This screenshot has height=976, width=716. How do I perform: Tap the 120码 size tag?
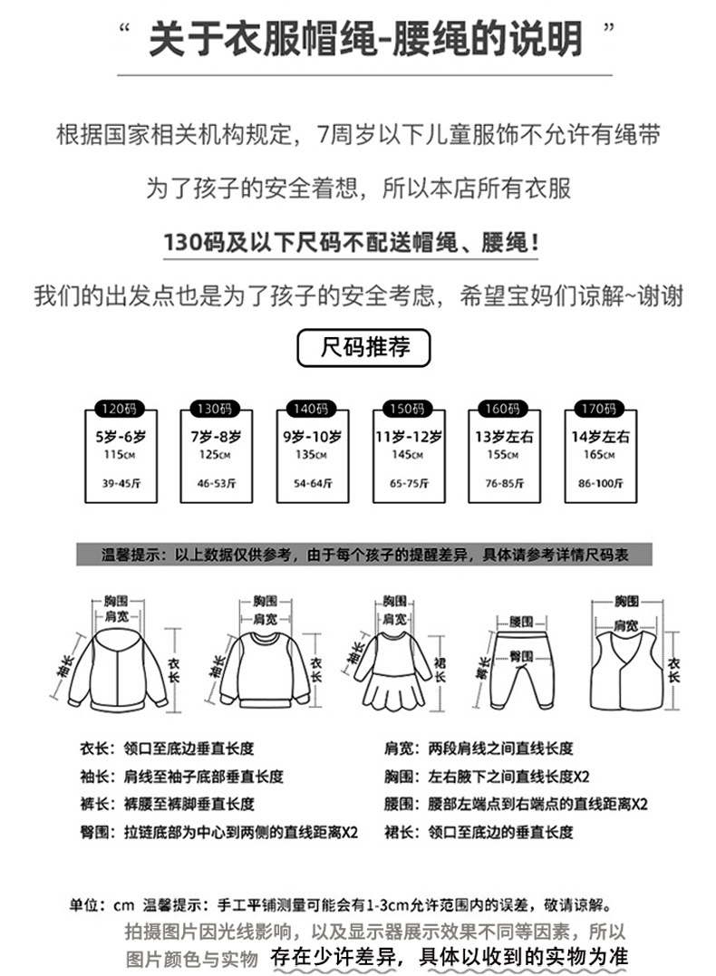tap(120, 407)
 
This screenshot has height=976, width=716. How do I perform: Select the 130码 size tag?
tap(216, 407)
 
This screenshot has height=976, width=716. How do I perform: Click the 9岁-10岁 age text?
tap(312, 436)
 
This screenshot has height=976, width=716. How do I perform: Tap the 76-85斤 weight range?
tap(504, 484)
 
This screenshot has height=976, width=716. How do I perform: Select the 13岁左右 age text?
tap(504, 436)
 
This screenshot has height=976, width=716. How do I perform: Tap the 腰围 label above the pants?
tap(520, 622)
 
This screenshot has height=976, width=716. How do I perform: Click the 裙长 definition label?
tap(401, 832)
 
